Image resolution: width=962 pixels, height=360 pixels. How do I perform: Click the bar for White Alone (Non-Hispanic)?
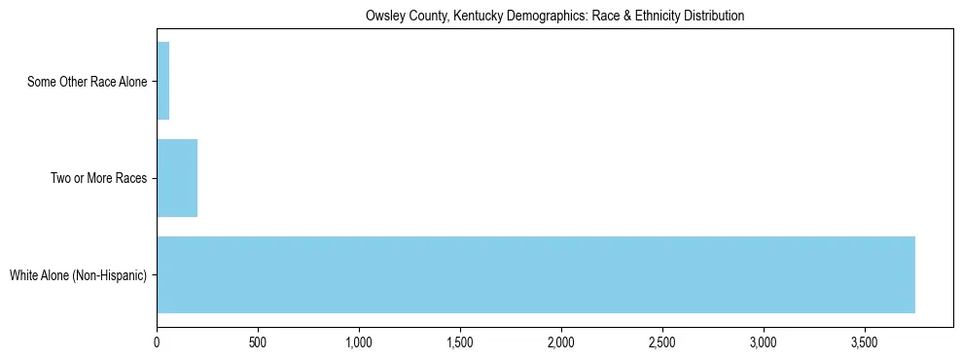point(535,274)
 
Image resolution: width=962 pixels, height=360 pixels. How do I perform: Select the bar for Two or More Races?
point(177,178)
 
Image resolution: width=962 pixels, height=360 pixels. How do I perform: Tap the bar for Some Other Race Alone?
point(162,81)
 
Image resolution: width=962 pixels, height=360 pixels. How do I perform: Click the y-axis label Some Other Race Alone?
point(88,82)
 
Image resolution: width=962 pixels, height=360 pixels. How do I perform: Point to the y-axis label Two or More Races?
point(98,179)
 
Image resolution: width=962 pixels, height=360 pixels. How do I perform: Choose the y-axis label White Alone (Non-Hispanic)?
point(78,275)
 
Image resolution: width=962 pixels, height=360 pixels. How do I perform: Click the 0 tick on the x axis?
point(157,342)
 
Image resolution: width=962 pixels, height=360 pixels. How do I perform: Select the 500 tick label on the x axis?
point(258,342)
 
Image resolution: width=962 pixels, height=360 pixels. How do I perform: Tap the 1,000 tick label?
point(359,342)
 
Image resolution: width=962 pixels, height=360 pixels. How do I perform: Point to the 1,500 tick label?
point(460,342)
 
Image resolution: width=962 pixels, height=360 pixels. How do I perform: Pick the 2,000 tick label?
point(561,342)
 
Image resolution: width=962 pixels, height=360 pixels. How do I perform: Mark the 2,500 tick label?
point(662,342)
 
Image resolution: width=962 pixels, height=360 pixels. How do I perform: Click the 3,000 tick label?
point(764,342)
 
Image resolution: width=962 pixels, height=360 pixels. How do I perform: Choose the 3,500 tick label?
point(865,342)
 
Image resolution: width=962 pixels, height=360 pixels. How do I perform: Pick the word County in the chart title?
point(422,17)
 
